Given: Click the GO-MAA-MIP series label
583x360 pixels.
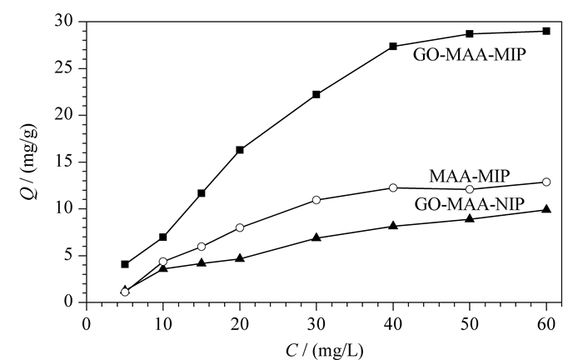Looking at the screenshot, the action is point(470,55).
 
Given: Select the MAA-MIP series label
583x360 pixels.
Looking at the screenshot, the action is point(470,176).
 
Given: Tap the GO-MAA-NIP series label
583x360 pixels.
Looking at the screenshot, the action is point(470,204).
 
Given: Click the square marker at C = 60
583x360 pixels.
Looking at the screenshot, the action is point(546,31).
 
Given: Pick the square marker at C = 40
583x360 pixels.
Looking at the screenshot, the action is point(393,46).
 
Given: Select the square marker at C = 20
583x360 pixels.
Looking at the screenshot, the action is point(240,150).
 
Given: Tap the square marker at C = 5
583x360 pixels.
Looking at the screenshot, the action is point(125,264).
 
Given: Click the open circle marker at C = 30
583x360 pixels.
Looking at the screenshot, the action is point(316,200).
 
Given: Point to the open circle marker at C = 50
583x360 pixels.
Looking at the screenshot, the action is point(470,189).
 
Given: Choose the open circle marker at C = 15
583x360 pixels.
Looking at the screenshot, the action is point(202,247).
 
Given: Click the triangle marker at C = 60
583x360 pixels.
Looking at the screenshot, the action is point(546,209).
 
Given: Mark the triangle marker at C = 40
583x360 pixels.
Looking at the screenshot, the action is point(393,225).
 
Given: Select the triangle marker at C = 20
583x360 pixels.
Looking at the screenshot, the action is point(240,258).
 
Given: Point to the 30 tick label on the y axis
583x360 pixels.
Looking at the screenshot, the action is point(64,21).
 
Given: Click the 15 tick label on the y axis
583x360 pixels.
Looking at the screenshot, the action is point(64,162).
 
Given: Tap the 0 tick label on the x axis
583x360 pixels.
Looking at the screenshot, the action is point(87,324).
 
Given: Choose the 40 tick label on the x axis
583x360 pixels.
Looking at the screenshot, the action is point(393,324).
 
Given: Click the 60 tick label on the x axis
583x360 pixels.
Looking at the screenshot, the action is point(546,324).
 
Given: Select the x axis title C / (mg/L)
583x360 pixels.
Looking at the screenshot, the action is point(324,351).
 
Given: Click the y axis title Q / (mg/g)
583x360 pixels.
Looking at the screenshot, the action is point(30,162).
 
